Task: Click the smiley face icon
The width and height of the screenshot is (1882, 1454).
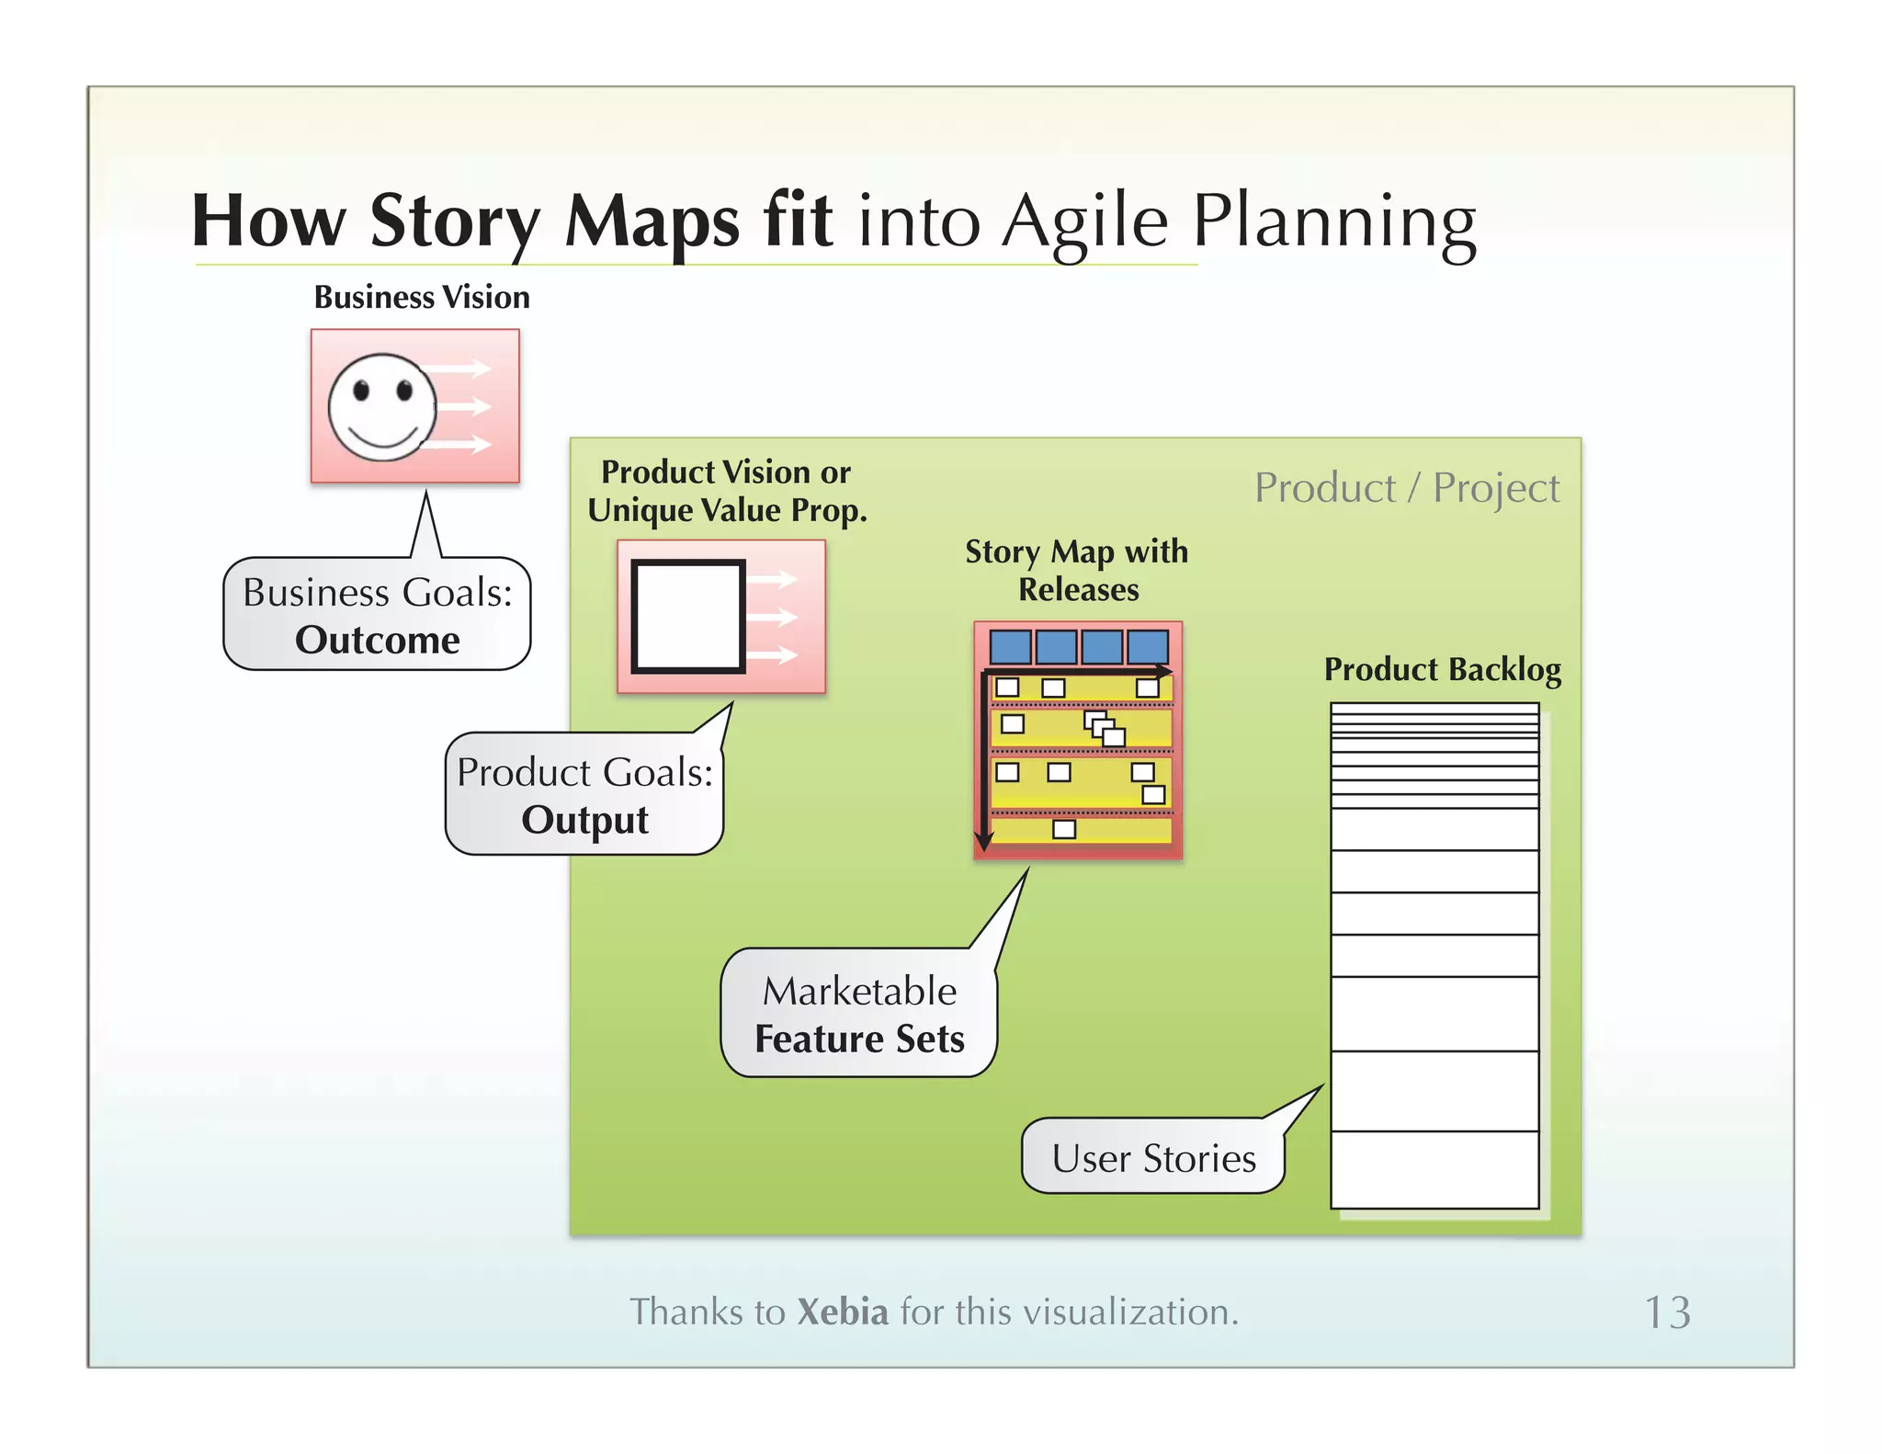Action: tap(382, 407)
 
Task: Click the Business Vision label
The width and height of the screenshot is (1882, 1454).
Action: tap(422, 298)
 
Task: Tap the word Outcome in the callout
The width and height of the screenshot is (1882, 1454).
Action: tap(378, 641)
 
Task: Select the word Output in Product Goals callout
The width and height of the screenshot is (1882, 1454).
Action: tap(584, 820)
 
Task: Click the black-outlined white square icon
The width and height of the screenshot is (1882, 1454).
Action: tap(687, 617)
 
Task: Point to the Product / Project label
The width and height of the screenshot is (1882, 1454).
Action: tap(1406, 488)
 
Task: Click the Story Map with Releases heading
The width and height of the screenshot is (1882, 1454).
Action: tap(1077, 570)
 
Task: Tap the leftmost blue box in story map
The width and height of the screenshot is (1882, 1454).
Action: tap(1010, 647)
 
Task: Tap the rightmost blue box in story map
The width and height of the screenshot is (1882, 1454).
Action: tap(1148, 647)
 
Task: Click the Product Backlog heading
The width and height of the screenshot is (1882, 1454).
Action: tap(1442, 670)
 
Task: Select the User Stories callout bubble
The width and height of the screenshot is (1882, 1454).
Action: tap(1153, 1158)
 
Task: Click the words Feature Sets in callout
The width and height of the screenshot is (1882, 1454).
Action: tap(859, 1039)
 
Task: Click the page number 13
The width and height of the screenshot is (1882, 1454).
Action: tap(1667, 1312)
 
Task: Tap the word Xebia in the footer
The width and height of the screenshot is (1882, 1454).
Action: tap(842, 1312)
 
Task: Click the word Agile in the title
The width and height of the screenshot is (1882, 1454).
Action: tap(1084, 223)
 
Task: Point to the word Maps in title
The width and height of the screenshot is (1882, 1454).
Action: tap(651, 223)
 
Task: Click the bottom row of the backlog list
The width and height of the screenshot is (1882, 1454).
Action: tap(1434, 1170)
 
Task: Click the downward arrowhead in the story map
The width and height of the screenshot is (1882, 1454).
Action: tap(984, 841)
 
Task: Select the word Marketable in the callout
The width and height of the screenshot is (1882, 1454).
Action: tap(859, 992)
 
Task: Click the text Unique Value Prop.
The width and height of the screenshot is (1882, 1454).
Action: tap(727, 511)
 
